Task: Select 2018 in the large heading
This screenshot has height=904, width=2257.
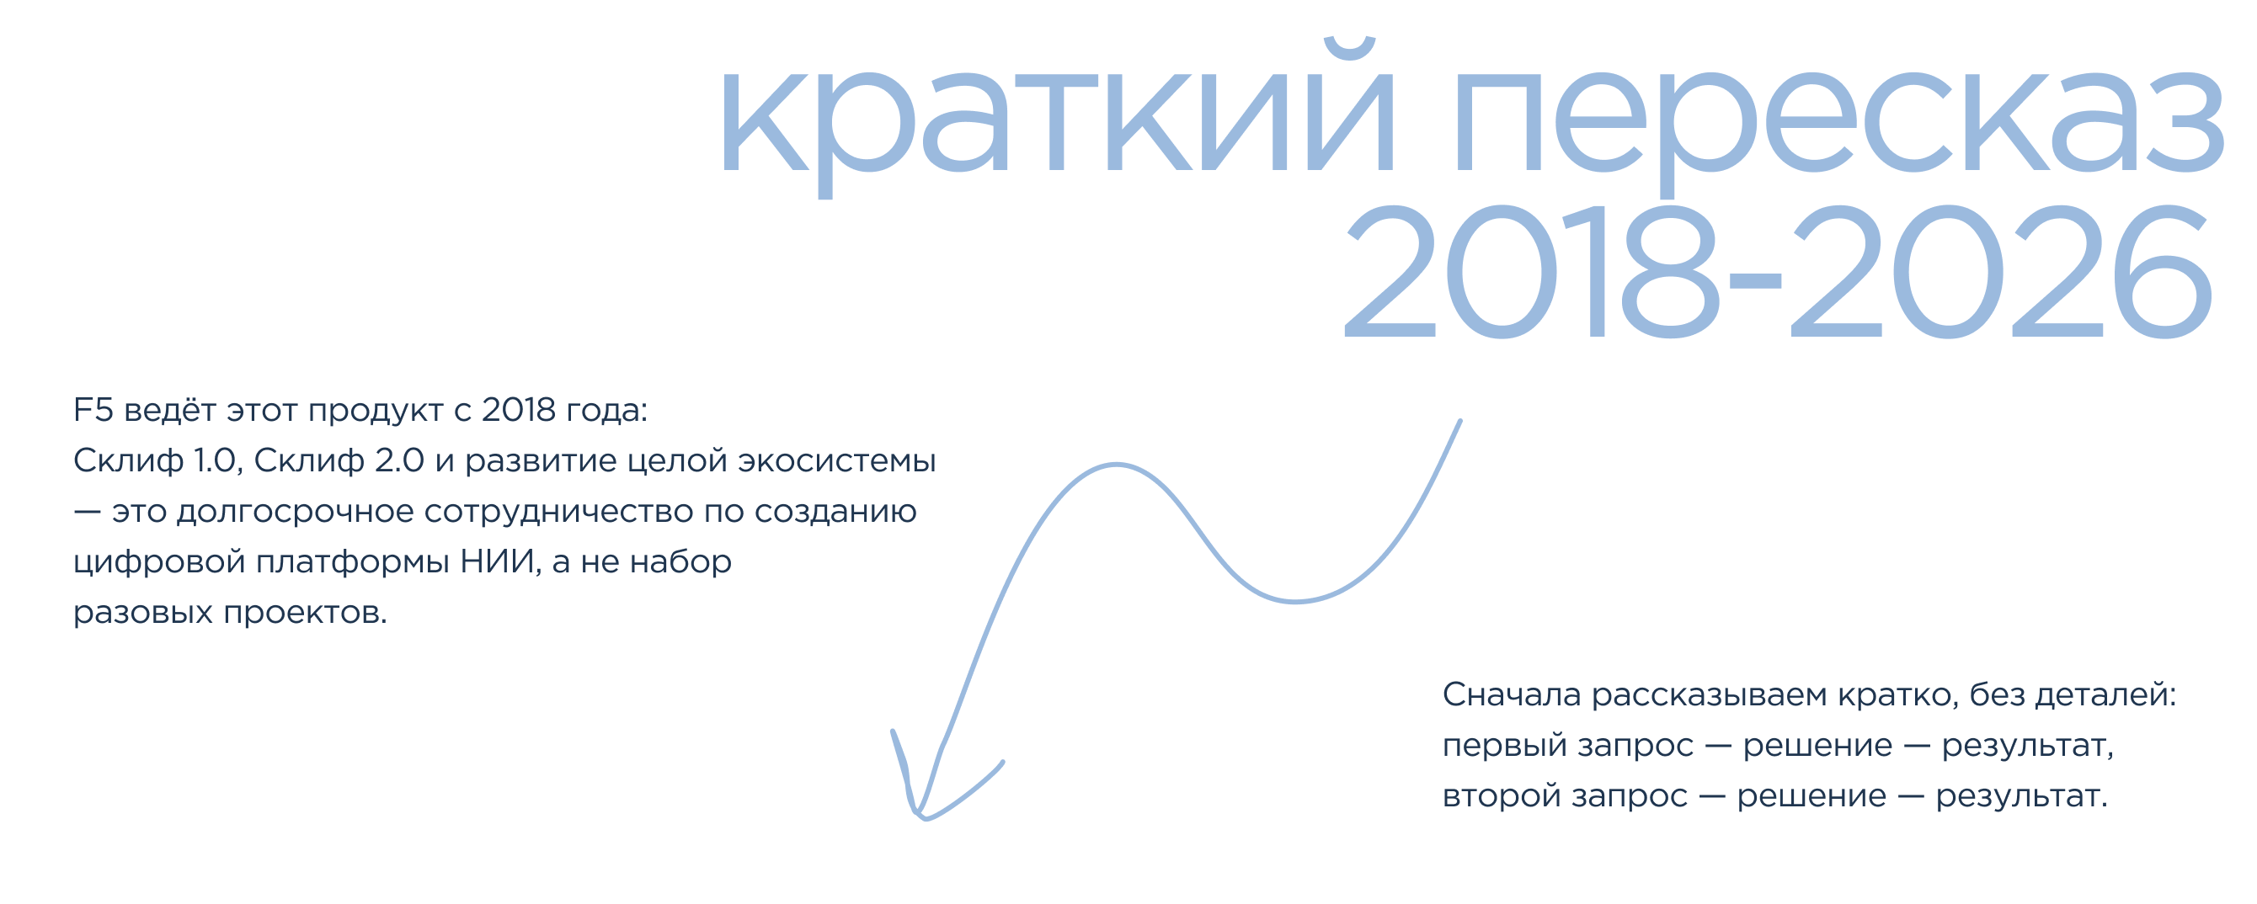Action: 1532,271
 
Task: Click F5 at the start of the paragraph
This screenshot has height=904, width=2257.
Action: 93,410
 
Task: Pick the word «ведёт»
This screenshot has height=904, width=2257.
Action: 170,408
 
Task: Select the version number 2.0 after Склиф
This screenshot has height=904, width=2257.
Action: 399,460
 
